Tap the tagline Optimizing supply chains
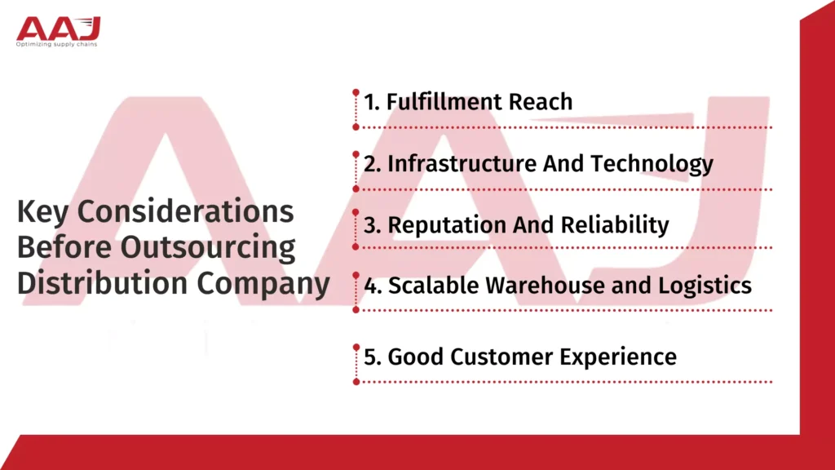(x=56, y=44)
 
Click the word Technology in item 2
(x=652, y=163)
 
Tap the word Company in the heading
(x=263, y=284)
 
